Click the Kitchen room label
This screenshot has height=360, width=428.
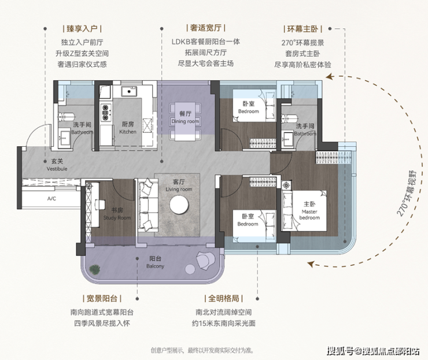(x=127, y=128)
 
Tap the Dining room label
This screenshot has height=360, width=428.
(x=185, y=117)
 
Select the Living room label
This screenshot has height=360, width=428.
(x=179, y=185)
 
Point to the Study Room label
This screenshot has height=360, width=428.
(x=117, y=214)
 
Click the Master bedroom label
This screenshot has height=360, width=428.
(x=309, y=210)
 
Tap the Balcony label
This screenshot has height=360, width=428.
(x=155, y=262)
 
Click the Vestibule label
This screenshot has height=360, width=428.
(x=57, y=165)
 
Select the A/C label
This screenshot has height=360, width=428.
(x=51, y=199)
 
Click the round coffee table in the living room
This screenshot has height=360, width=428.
(x=179, y=205)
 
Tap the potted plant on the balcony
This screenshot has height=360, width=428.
(x=94, y=270)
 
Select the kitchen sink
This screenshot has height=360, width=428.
(x=128, y=92)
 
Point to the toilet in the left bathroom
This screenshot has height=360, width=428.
(x=67, y=117)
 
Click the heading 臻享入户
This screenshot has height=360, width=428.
(x=82, y=28)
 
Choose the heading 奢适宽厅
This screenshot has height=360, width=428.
(x=206, y=28)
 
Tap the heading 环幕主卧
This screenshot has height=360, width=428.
(x=302, y=29)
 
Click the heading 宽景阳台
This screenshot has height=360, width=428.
(x=102, y=298)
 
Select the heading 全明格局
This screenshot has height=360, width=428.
(x=224, y=298)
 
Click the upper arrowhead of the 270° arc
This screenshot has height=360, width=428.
(x=330, y=77)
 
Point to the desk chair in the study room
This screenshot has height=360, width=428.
(x=100, y=204)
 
